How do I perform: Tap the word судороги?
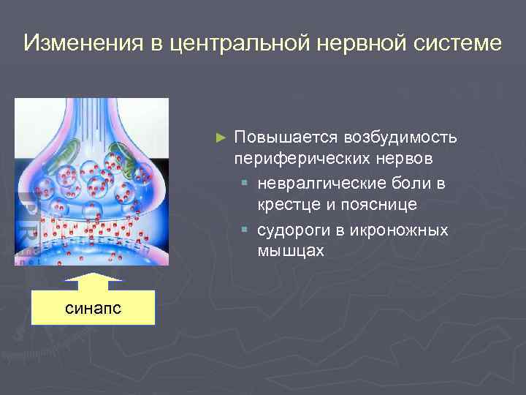[293, 230]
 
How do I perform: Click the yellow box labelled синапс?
[93, 308]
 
